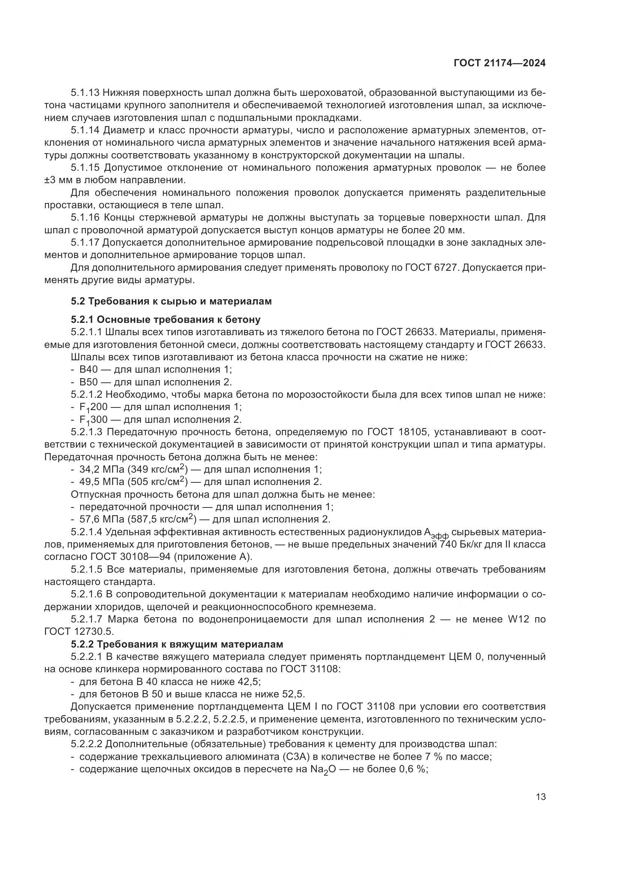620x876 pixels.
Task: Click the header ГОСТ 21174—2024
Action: coord(499,63)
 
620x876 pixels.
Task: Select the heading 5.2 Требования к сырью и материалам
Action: coord(171,301)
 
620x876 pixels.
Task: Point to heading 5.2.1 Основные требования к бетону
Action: coord(165,319)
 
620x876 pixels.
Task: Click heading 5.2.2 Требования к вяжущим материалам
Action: coord(177,645)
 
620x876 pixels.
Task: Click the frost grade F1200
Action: coord(93,407)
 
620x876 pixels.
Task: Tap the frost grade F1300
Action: coord(93,420)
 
